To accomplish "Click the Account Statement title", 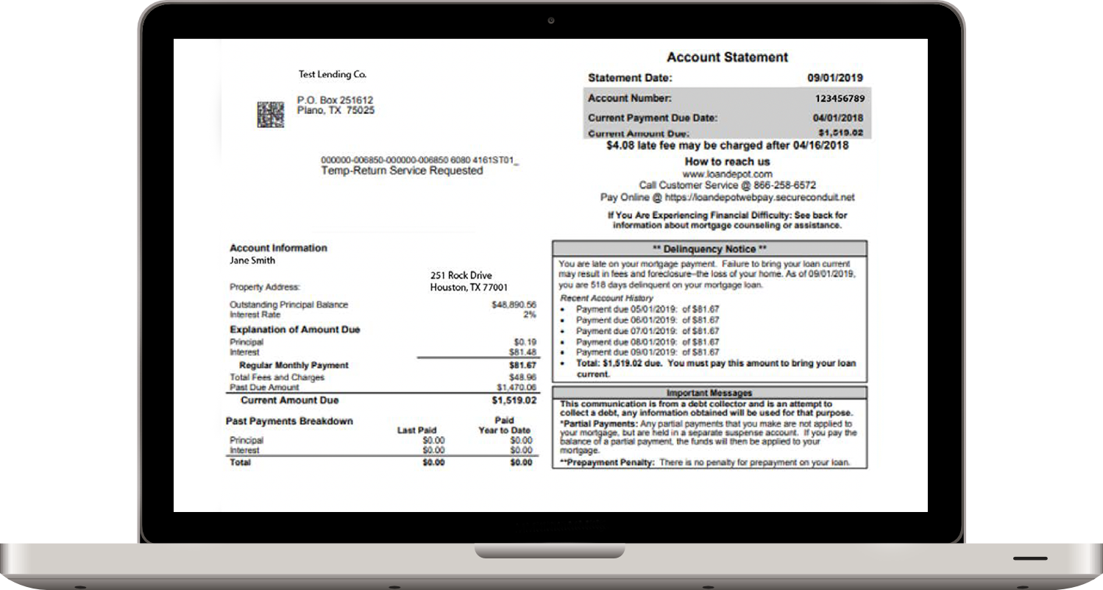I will pyautogui.click(x=727, y=57).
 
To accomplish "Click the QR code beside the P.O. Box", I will pyautogui.click(x=270, y=114).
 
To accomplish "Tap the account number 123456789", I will pyautogui.click(x=839, y=98).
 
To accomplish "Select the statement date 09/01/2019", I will pyautogui.click(x=835, y=77).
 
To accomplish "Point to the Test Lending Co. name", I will pyautogui.click(x=332, y=74).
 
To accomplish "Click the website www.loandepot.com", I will pyautogui.click(x=727, y=174).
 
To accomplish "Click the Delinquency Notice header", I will pyautogui.click(x=709, y=249).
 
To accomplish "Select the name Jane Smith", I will pyautogui.click(x=252, y=260).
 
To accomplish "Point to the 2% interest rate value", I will pyautogui.click(x=530, y=314).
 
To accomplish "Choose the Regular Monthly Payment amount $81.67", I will pyautogui.click(x=522, y=365).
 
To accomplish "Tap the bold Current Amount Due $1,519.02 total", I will pyautogui.click(x=514, y=401).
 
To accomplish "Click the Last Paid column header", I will pyautogui.click(x=416, y=430).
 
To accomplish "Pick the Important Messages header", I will pyautogui.click(x=709, y=394).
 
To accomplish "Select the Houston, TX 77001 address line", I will pyautogui.click(x=469, y=288).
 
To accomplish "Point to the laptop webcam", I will pyautogui.click(x=551, y=20).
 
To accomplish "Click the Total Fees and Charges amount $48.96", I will pyautogui.click(x=522, y=377).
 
